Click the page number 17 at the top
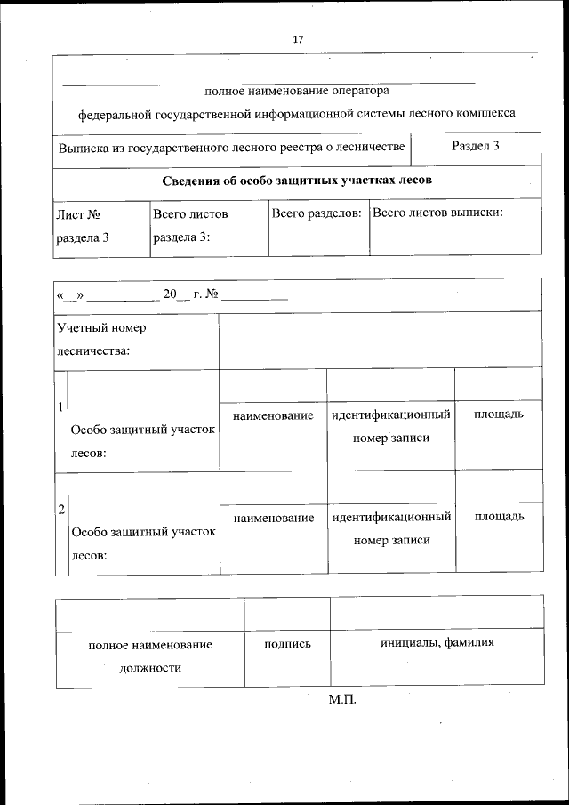click(x=298, y=39)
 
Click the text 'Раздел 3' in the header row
click(x=475, y=146)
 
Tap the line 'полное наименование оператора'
click(x=297, y=90)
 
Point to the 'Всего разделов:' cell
click(x=317, y=213)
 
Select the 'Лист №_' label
click(x=81, y=214)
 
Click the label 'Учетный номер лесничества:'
click(x=100, y=339)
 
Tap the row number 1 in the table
click(x=60, y=407)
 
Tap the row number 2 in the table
click(x=60, y=510)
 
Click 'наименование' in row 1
click(x=273, y=415)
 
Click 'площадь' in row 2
click(x=498, y=517)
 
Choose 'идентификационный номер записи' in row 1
click(x=391, y=426)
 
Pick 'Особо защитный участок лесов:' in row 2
click(x=143, y=543)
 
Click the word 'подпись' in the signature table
click(x=287, y=643)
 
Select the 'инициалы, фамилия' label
click(x=437, y=643)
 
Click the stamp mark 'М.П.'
click(x=341, y=701)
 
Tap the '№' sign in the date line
click(x=212, y=294)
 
